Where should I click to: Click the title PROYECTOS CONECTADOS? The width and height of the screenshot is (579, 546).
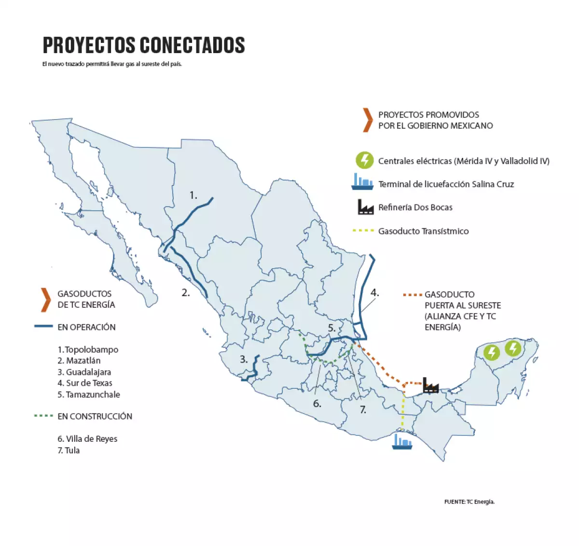pyautogui.click(x=144, y=45)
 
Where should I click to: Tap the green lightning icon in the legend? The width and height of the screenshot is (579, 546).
pyautogui.click(x=365, y=160)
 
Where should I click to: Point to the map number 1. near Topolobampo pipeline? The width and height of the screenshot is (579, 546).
pyautogui.click(x=193, y=195)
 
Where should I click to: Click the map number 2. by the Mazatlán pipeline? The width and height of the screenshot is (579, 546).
pyautogui.click(x=186, y=292)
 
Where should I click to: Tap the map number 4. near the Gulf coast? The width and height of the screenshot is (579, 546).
pyautogui.click(x=374, y=292)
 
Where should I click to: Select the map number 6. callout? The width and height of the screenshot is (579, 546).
pyautogui.click(x=317, y=404)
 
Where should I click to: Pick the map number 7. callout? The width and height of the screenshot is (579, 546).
pyautogui.click(x=363, y=410)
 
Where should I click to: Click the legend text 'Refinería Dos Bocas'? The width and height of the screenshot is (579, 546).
pyautogui.click(x=415, y=207)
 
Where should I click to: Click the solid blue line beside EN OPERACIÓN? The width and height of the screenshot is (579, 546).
pyautogui.click(x=43, y=327)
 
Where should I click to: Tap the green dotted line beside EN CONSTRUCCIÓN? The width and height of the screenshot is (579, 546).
pyautogui.click(x=43, y=415)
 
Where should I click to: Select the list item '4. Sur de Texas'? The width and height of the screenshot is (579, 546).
pyautogui.click(x=85, y=383)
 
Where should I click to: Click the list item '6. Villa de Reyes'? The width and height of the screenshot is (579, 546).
pyautogui.click(x=87, y=439)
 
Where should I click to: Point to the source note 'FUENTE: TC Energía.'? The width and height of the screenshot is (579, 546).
pyautogui.click(x=469, y=502)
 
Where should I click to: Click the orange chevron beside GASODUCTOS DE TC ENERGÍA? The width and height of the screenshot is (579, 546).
pyautogui.click(x=46, y=300)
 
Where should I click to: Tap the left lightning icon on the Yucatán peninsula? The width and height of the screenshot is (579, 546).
pyautogui.click(x=492, y=352)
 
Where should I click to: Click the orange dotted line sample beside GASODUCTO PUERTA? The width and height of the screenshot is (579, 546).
pyautogui.click(x=413, y=294)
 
